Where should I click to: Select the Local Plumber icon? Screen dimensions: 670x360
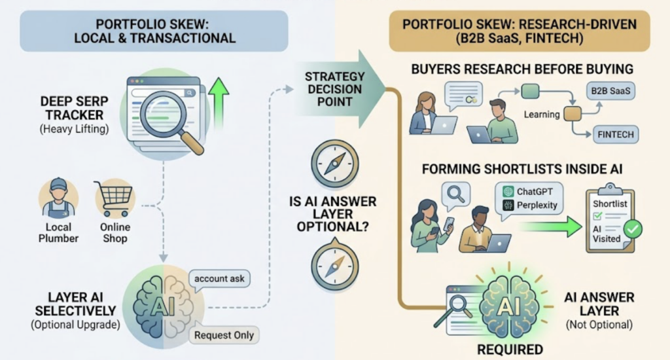[58, 199]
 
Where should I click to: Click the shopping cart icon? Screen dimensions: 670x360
[114, 199]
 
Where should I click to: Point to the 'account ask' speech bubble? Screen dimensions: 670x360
[219, 279]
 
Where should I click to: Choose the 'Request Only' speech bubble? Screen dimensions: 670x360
[224, 335]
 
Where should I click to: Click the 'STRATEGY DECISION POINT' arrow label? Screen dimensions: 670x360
[335, 89]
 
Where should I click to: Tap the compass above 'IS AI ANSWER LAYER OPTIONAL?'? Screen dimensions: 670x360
[334, 164]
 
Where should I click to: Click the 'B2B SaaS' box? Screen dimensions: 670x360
[610, 91]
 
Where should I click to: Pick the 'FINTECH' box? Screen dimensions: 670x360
[616, 135]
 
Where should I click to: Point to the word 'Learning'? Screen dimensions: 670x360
[541, 115]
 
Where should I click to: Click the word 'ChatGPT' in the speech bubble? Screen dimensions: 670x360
[535, 192]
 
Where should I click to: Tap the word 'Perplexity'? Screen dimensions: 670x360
[537, 206]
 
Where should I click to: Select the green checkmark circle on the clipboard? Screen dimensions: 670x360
[633, 229]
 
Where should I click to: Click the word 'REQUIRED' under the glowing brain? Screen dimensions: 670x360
[510, 350]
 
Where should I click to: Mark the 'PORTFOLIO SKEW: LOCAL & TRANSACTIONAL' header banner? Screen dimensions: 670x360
[154, 31]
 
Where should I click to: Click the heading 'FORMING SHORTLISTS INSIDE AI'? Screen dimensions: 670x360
[521, 170]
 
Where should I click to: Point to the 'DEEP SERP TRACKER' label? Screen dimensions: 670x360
[75, 108]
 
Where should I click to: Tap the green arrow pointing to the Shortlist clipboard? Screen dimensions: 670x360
[551, 226]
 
